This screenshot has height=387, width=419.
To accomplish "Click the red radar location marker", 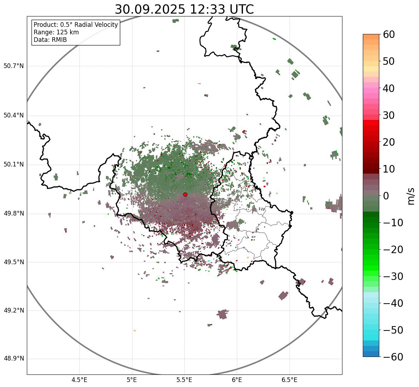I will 185,194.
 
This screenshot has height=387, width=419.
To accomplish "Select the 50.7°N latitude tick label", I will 14,66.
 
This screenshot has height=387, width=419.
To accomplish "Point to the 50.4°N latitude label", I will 14,116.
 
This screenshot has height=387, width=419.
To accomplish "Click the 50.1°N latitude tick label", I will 14,165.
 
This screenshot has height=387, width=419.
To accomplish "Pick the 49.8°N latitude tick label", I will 14,214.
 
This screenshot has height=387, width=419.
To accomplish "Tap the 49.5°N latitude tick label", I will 14,262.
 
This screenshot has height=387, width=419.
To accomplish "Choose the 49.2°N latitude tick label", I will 14,310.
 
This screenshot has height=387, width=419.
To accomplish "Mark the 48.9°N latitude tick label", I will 14,359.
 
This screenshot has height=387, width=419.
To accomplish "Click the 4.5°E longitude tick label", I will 79,380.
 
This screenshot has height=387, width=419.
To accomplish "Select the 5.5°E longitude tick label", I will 184,380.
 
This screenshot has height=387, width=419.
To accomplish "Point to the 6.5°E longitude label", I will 289,380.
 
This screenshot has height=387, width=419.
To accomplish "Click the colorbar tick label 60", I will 389,34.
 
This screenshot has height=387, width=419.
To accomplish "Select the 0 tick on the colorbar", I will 386,196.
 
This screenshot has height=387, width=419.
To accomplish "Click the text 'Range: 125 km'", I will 56,32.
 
